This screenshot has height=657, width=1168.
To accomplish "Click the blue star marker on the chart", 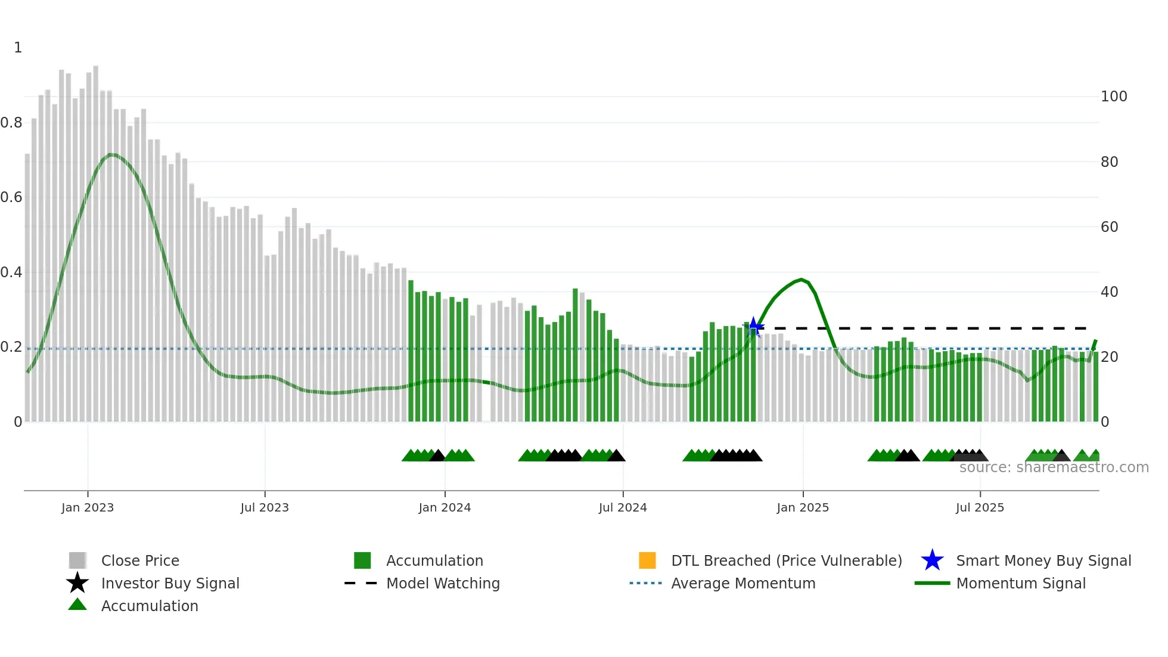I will pyautogui.click(x=753, y=327).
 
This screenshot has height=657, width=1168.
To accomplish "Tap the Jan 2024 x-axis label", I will pyautogui.click(x=445, y=507).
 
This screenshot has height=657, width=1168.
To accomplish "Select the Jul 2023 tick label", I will pyautogui.click(x=265, y=507).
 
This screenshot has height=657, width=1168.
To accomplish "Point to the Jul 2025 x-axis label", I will pyautogui.click(x=980, y=507).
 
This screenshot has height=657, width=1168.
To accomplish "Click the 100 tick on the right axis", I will pyautogui.click(x=1113, y=97).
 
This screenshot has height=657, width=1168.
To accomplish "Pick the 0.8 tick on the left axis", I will pyautogui.click(x=12, y=123).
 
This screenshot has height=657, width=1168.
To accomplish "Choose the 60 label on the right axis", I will pyautogui.click(x=1109, y=227).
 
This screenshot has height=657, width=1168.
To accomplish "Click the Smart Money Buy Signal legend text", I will pyautogui.click(x=1043, y=560).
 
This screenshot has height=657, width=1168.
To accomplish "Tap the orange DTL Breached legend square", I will pyautogui.click(x=647, y=560).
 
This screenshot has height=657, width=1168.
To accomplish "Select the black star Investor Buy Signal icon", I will pyautogui.click(x=77, y=583).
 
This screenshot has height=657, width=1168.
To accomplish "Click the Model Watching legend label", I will pyautogui.click(x=443, y=583).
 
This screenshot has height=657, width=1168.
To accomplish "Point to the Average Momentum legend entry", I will pyautogui.click(x=743, y=583).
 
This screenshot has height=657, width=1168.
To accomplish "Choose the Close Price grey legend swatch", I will pyautogui.click(x=77, y=560).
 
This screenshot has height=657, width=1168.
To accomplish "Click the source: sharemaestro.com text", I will pyautogui.click(x=1054, y=467).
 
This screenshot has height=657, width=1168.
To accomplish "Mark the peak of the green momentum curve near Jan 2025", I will pyautogui.click(x=802, y=280).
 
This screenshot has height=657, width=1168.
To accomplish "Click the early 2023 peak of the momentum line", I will pyautogui.click(x=112, y=155).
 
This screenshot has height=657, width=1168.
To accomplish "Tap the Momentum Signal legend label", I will pyautogui.click(x=1020, y=583).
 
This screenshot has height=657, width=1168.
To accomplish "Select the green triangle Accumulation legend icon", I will pyautogui.click(x=77, y=605).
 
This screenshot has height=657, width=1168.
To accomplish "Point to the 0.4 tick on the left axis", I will pyautogui.click(x=12, y=272).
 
